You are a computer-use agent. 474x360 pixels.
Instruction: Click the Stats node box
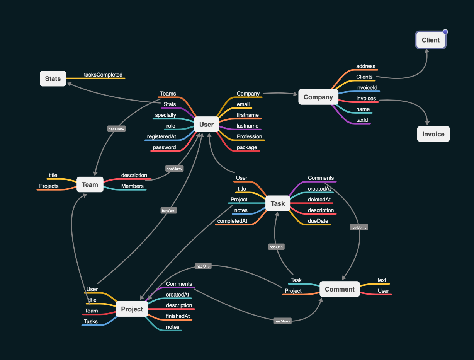point(53,79)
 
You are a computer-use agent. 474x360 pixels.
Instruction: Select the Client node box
point(431,40)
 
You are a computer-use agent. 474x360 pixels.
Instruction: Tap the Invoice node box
point(433,134)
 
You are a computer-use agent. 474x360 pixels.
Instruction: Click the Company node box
point(318,97)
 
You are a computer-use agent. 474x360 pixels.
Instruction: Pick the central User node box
point(206,125)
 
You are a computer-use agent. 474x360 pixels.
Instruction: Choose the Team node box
point(90,185)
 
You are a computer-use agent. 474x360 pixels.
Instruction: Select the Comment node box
point(340,289)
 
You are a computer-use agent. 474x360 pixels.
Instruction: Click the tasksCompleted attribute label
point(103,75)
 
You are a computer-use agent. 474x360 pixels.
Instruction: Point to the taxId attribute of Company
point(362,120)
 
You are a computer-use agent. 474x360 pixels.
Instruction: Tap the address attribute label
point(366,66)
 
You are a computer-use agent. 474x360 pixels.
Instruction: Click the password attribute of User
point(164,147)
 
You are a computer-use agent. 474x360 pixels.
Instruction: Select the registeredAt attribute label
point(161,136)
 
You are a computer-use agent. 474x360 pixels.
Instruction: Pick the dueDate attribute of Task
point(318,221)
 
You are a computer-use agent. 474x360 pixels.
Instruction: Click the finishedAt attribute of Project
point(178,316)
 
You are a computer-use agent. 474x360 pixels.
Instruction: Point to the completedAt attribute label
point(232,221)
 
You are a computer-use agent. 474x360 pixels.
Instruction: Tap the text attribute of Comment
point(382,280)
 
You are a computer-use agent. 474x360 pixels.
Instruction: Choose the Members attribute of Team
point(133,186)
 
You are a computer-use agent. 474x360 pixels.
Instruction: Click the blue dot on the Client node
point(445,32)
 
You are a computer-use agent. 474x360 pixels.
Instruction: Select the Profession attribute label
point(249,136)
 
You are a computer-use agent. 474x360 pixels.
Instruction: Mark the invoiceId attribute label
point(367,88)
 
